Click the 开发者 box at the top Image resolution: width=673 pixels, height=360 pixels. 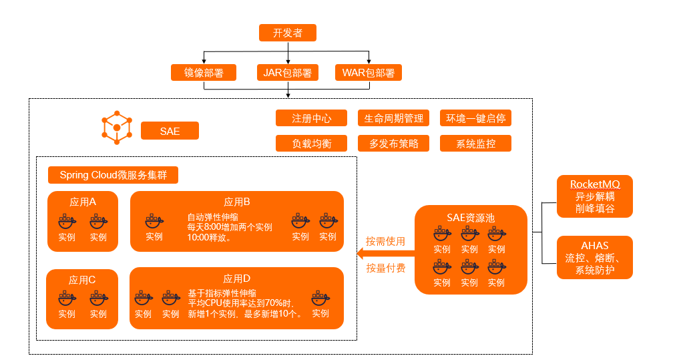tap(288, 33)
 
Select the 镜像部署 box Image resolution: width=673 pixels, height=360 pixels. tap(204, 72)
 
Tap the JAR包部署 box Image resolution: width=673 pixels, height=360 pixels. tap(288, 72)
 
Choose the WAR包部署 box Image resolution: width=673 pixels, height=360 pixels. tap(368, 72)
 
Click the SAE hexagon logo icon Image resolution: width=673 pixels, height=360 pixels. tap(117, 128)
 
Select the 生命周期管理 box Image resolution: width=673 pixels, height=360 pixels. tap(394, 118)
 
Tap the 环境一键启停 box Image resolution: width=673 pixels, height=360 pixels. tap(475, 118)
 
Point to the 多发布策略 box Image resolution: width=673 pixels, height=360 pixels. tap(394, 143)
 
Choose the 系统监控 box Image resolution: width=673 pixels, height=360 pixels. tap(475, 143)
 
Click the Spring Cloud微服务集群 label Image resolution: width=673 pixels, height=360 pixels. tap(114, 175)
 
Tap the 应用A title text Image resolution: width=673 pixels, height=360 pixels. tap(83, 202)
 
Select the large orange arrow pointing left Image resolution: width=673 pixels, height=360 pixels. tap(385, 254)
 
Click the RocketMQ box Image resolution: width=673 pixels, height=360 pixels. tap(595, 196)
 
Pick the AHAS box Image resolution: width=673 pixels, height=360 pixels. tap(595, 257)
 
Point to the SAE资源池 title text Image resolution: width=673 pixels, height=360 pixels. tap(471, 218)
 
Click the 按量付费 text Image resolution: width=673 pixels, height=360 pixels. tap(385, 268)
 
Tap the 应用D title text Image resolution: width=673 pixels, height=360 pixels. tap(237, 278)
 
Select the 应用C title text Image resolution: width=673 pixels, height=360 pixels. tap(82, 280)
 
